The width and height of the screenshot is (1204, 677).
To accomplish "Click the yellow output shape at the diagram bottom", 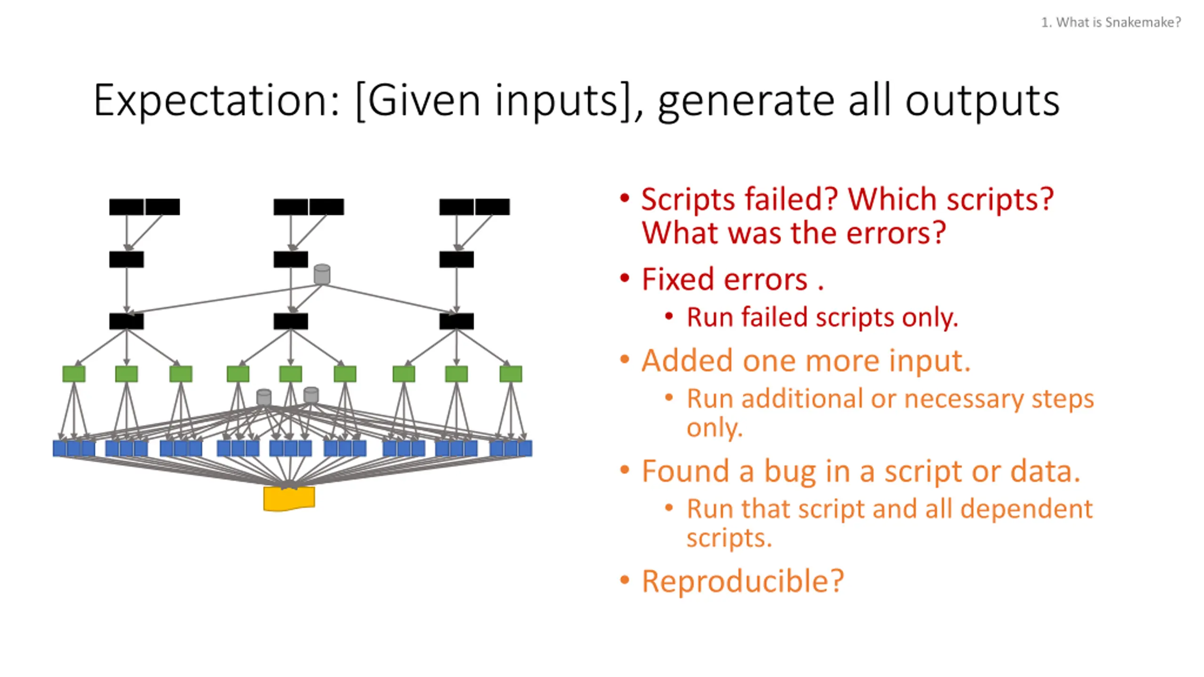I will pos(289,498).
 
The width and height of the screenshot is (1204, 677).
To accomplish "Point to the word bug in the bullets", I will pos(790,472).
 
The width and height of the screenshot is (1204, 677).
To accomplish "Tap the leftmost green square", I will pos(74,374).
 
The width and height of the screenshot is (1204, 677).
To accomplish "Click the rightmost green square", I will pos(511,374).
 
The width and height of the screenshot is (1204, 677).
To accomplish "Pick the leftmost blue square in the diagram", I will pos(59,449).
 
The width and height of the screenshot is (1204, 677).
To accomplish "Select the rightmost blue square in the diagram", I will pos(525,449).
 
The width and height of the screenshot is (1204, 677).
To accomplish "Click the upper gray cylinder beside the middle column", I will pos(322,275).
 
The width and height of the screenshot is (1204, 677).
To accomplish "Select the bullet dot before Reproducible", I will pos(625,580).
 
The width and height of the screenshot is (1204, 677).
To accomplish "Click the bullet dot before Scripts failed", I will pos(625,197).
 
